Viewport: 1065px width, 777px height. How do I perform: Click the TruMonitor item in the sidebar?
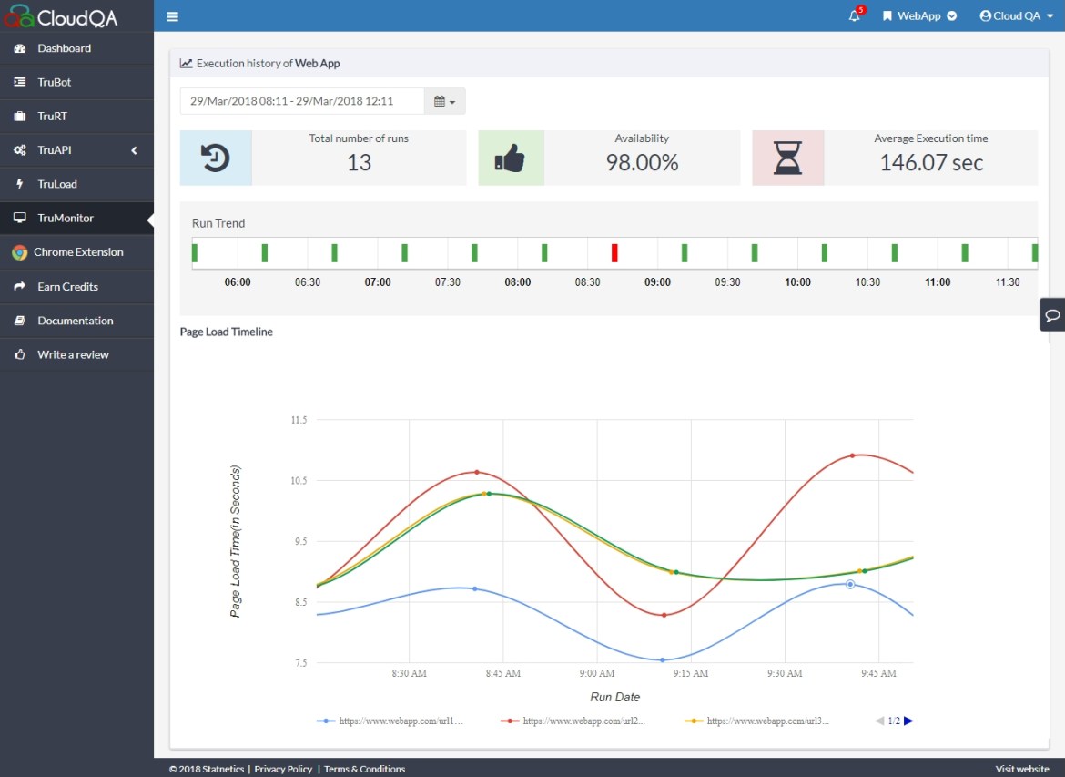[x=66, y=219]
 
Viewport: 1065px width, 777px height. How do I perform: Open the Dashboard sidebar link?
[x=64, y=48]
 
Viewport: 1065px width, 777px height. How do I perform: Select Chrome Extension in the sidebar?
[x=80, y=252]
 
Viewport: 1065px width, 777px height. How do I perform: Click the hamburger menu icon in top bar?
[x=173, y=16]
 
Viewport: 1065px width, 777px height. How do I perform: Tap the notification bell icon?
[x=854, y=16]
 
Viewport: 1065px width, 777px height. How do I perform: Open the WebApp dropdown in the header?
[x=919, y=16]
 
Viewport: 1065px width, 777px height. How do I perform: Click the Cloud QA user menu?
[x=1016, y=16]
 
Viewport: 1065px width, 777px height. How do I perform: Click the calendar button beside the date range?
[x=444, y=101]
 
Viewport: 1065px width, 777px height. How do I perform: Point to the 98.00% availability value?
[x=642, y=163]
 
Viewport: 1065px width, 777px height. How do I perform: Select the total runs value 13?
[x=359, y=163]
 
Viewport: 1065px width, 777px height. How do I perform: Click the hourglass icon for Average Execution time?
[x=787, y=158]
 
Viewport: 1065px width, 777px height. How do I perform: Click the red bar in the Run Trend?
[x=614, y=253]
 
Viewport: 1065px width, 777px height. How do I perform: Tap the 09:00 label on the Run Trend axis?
[x=657, y=282]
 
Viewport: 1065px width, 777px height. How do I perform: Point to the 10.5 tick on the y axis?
[x=299, y=481]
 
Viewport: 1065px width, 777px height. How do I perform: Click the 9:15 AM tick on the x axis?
[x=691, y=673]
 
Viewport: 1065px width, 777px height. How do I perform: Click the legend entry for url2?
[x=573, y=721]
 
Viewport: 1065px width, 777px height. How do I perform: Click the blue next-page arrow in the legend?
[x=908, y=721]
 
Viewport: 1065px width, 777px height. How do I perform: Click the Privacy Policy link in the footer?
[x=282, y=769]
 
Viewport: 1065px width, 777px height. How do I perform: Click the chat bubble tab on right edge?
[x=1052, y=315]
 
